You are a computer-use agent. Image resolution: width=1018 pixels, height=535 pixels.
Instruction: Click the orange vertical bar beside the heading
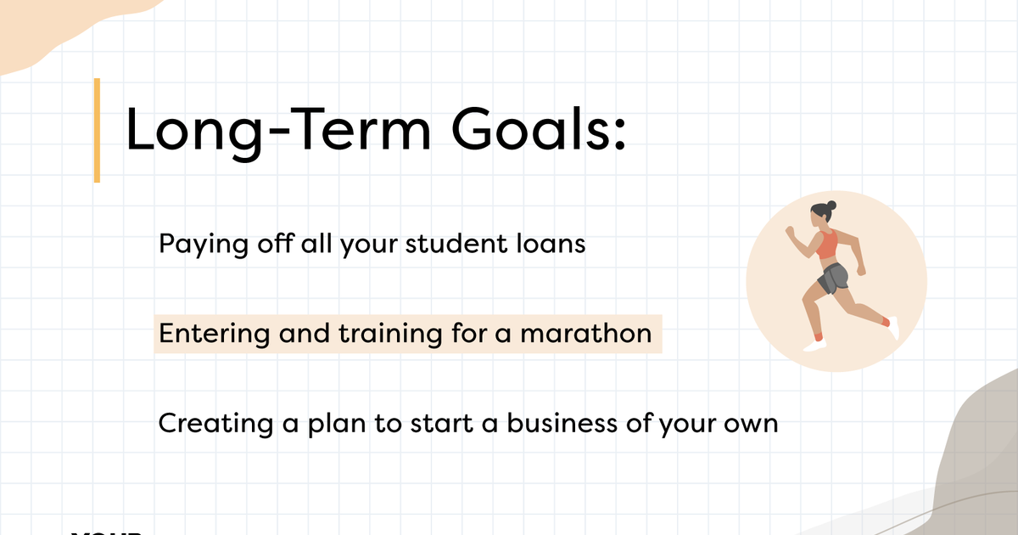tap(97, 130)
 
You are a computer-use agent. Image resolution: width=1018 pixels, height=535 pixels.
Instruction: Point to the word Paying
tap(202, 245)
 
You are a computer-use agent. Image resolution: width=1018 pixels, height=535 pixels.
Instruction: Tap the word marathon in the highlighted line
tap(586, 333)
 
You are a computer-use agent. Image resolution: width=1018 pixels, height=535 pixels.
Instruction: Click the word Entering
tap(211, 334)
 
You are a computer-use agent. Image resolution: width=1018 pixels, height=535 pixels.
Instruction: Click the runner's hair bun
tap(831, 206)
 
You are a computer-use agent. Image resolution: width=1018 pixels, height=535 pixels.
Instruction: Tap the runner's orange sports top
tap(826, 245)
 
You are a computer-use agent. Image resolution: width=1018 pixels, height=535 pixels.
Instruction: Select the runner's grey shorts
tap(834, 277)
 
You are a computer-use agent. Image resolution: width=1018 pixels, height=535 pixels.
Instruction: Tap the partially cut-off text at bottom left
tap(105, 531)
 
